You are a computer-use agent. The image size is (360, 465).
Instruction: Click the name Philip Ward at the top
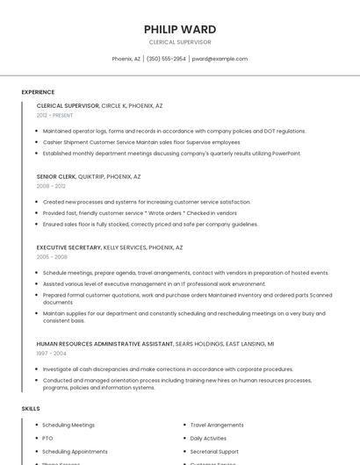[179, 29]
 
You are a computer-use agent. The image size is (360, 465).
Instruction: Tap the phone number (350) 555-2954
[166, 59]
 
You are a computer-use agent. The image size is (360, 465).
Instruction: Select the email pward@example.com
[220, 59]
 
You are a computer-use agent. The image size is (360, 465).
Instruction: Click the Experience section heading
[38, 92]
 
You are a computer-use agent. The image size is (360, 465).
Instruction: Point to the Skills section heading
[31, 409]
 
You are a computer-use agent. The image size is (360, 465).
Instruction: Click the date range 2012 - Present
[55, 115]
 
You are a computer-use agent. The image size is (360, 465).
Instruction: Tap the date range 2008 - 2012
[51, 186]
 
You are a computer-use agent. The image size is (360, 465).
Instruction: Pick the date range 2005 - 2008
[52, 257]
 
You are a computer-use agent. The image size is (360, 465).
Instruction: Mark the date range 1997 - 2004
[51, 354]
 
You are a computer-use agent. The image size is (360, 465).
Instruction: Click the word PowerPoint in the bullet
[286, 154]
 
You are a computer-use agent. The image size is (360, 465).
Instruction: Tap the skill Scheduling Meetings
[68, 425]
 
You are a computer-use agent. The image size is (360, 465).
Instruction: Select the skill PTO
[47, 438]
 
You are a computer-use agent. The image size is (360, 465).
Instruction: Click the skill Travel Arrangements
[217, 425]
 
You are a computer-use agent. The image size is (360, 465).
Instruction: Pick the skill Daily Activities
[208, 438]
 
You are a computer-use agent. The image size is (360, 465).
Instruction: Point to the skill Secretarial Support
[214, 451]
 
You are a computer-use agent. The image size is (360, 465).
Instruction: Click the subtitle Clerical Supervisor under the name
[179, 41]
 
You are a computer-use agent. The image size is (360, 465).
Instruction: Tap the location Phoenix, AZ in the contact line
[126, 59]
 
